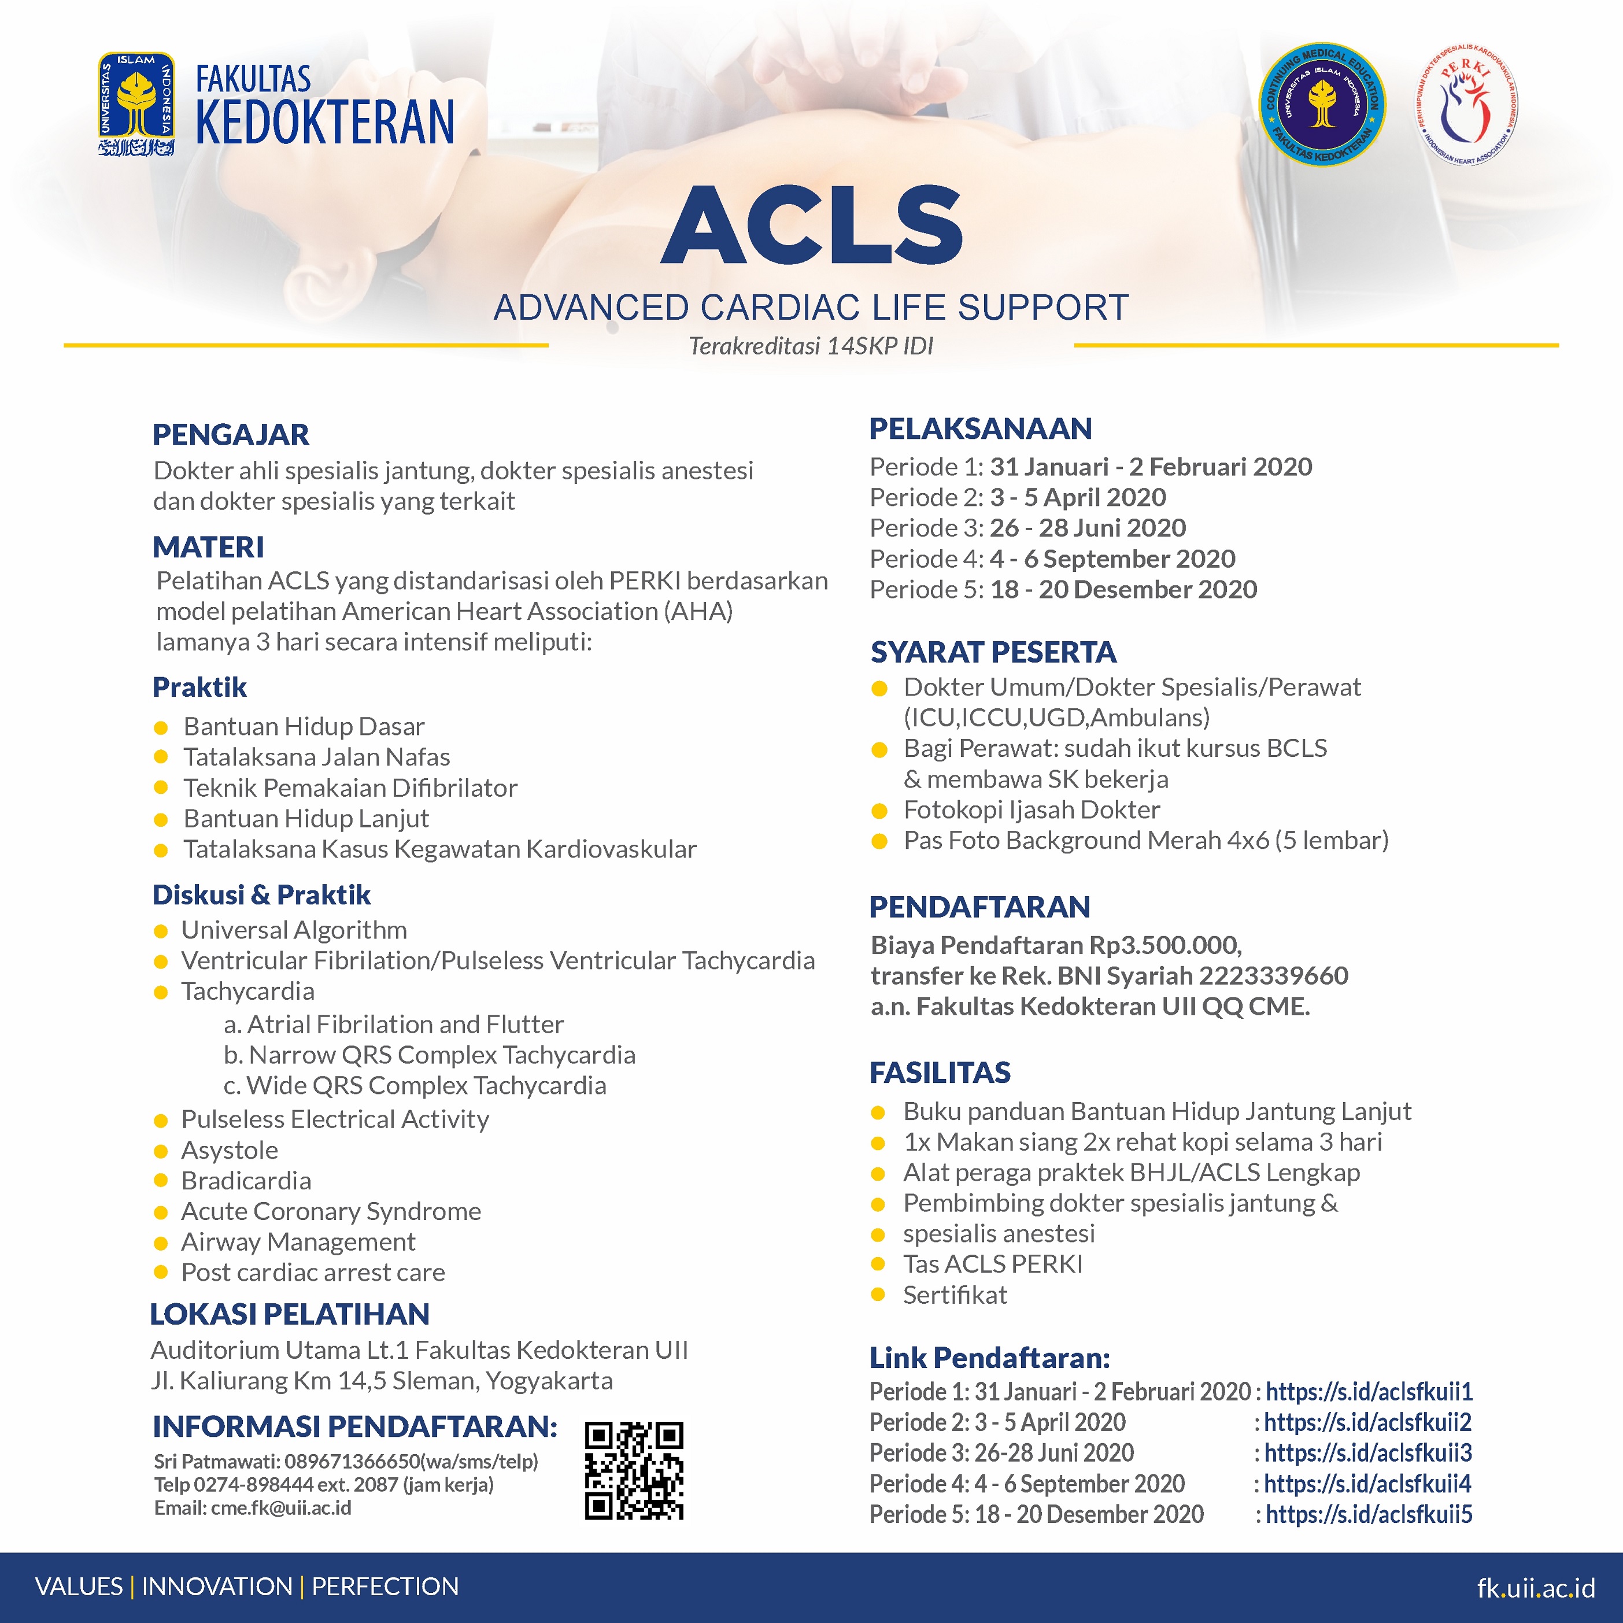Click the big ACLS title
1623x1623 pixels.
pyautogui.click(x=812, y=224)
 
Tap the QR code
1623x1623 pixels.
pyautogui.click(x=634, y=1471)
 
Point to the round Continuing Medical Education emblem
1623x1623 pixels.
pyautogui.click(x=1323, y=106)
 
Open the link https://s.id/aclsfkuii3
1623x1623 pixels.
pyautogui.click(x=1367, y=1452)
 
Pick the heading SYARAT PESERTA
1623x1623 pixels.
pyautogui.click(x=993, y=652)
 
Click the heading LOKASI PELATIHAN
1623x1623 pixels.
pyautogui.click(x=290, y=1314)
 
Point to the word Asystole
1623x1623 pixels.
pyautogui.click(x=230, y=1150)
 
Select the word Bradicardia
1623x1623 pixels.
pyautogui.click(x=246, y=1180)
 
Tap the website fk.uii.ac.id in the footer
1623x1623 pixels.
pyautogui.click(x=1536, y=1588)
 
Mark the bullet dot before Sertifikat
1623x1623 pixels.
pyautogui.click(x=878, y=1295)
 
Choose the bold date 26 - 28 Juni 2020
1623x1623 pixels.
pyautogui.click(x=1088, y=527)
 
